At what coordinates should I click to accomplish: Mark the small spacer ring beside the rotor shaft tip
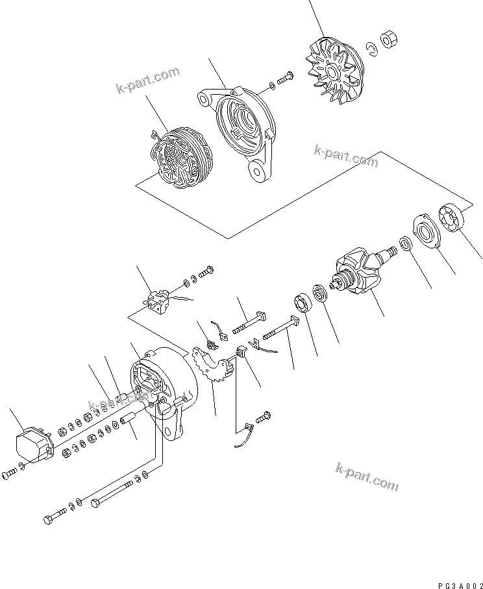coord(403,244)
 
